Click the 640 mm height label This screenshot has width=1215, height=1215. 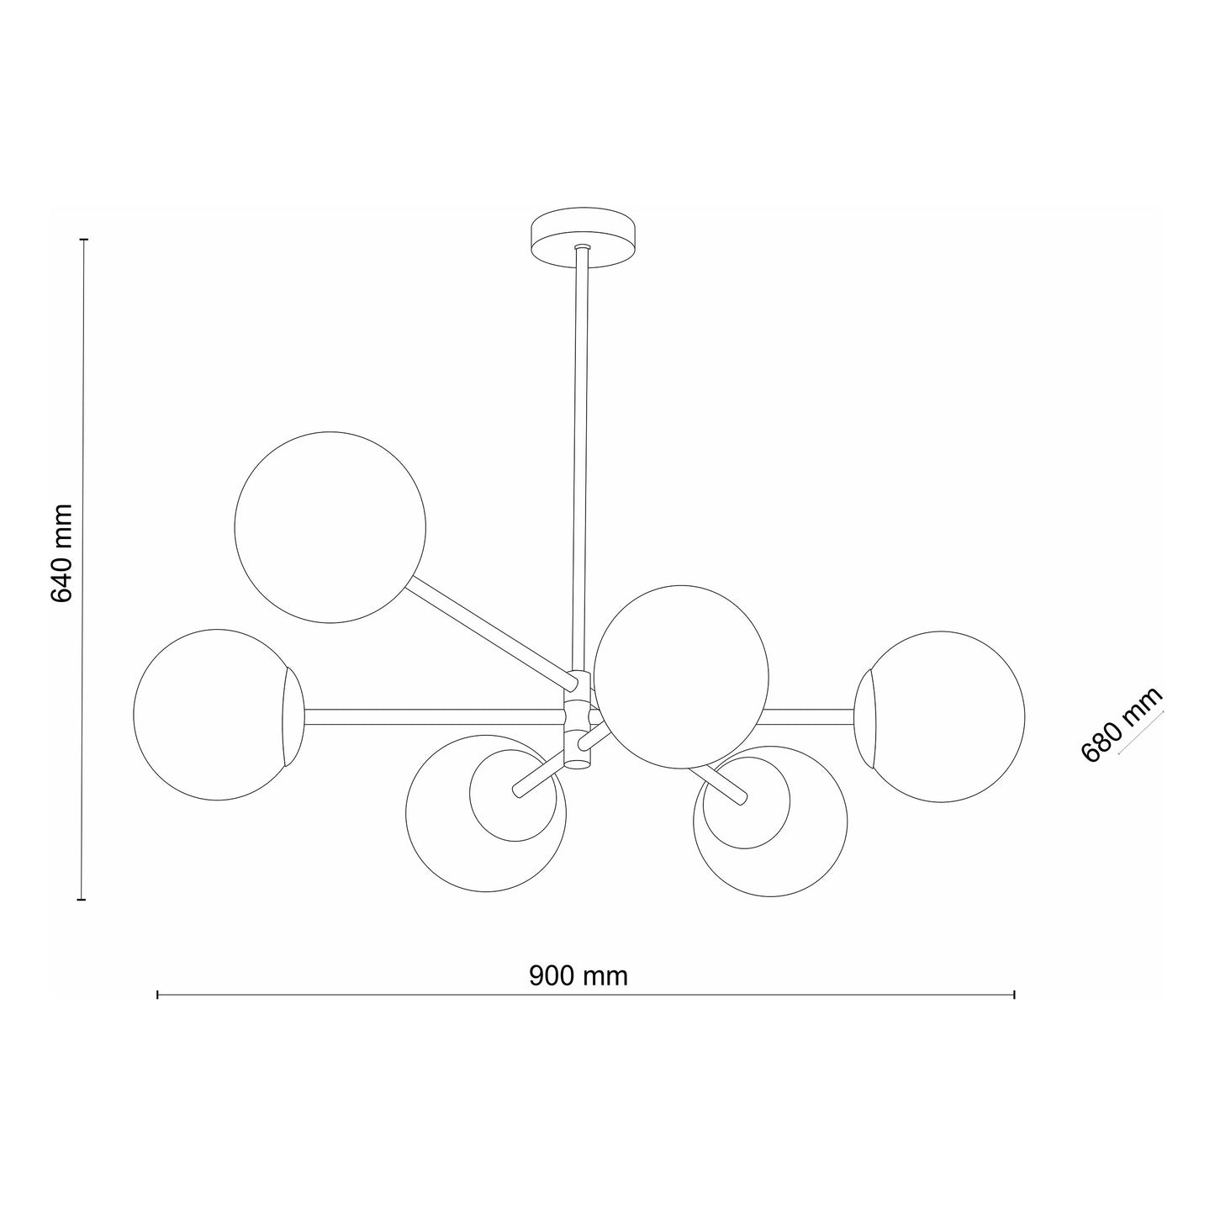tap(61, 553)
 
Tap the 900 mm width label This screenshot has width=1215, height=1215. tap(578, 975)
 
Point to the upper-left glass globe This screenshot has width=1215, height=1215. tap(330, 527)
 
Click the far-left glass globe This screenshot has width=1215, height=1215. tap(218, 715)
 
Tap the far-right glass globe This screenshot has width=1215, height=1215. tap(939, 716)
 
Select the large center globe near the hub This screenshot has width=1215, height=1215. tap(681, 677)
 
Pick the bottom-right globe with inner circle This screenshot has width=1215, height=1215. tap(770, 821)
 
